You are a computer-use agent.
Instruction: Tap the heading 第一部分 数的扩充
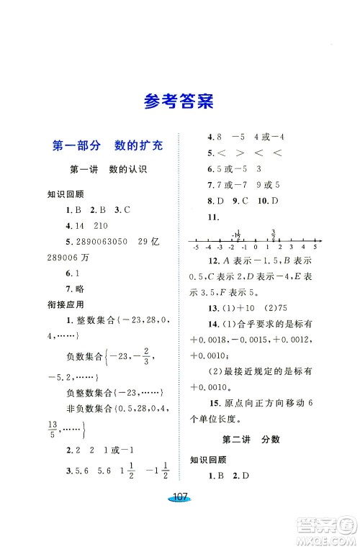108,145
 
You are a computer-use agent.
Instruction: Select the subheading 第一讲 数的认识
107,170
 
